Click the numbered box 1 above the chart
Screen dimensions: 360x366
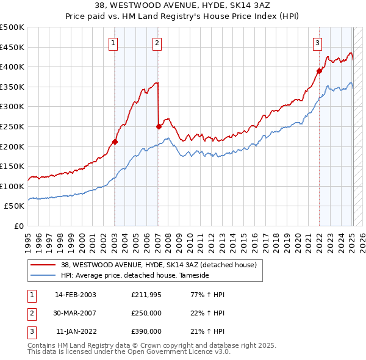point(114,43)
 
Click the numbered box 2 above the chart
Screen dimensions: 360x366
point(157,43)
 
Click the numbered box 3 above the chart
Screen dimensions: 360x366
point(318,43)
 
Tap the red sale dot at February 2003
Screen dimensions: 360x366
point(115,142)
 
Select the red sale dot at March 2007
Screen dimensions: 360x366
point(159,126)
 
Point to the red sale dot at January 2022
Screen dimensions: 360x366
point(319,71)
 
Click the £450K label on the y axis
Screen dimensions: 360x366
point(13,47)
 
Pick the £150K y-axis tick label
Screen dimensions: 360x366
point(13,166)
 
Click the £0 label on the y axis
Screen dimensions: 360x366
point(19,226)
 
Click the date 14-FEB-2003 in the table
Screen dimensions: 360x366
point(76,295)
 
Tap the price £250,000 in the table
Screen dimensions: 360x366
point(146,313)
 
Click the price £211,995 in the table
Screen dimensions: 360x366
point(146,295)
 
